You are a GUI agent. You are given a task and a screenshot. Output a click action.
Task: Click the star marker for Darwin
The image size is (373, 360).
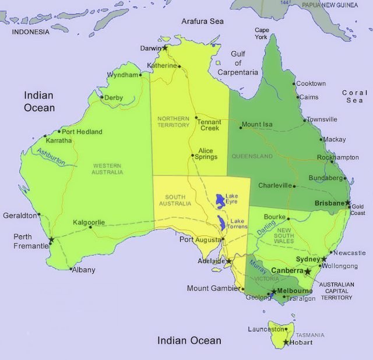[165, 47]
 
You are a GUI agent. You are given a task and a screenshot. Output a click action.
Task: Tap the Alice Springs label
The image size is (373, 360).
[206, 154]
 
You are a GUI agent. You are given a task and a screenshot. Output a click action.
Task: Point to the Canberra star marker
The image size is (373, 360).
[308, 271]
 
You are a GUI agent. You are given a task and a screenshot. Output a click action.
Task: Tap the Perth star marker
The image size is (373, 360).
[52, 239]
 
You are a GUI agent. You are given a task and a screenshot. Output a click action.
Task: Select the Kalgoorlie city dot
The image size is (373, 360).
[90, 227]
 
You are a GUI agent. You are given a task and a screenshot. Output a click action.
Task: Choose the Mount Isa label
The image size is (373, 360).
[257, 125]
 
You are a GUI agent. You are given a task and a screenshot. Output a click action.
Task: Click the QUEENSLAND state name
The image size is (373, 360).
[252, 157]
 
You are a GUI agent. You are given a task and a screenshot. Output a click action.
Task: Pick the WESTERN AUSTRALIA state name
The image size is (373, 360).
[108, 169]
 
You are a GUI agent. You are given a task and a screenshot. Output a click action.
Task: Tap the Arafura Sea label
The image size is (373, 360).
[202, 21]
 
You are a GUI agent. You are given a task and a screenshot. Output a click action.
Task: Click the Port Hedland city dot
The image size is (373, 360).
[58, 132]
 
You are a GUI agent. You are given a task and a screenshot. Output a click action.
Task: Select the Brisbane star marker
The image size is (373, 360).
[348, 203]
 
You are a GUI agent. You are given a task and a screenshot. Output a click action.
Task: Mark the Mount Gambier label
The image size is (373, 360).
[213, 288]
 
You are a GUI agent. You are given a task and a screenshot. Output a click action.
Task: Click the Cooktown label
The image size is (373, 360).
[311, 84]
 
